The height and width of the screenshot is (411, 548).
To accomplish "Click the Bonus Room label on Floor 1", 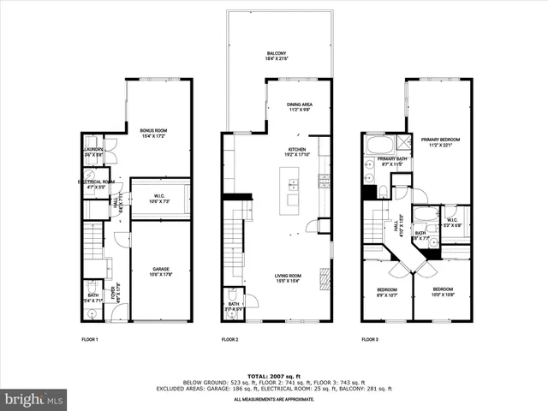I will (155, 133).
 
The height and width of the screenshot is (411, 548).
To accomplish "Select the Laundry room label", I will (93, 152).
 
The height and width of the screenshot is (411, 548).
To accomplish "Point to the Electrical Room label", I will (97, 183).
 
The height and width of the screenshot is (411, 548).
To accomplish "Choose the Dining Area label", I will (300, 107).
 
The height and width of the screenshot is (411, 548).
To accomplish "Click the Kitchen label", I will (297, 152).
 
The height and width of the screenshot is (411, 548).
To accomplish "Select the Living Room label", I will (288, 278).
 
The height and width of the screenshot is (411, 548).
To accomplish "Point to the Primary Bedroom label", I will (440, 141).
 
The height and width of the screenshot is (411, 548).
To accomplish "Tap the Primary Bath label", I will (392, 160).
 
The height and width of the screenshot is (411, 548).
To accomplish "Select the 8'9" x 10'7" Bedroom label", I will (388, 291).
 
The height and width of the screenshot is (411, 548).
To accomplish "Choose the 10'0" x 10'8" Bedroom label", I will (443, 291).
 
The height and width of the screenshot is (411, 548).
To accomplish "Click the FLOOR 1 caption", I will (90, 340).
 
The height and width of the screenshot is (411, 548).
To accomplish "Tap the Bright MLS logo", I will (34, 399).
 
